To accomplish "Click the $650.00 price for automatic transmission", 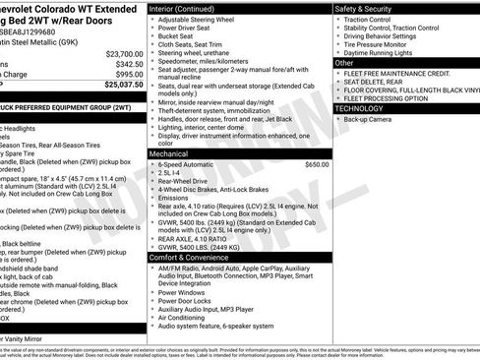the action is (x=317, y=164).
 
